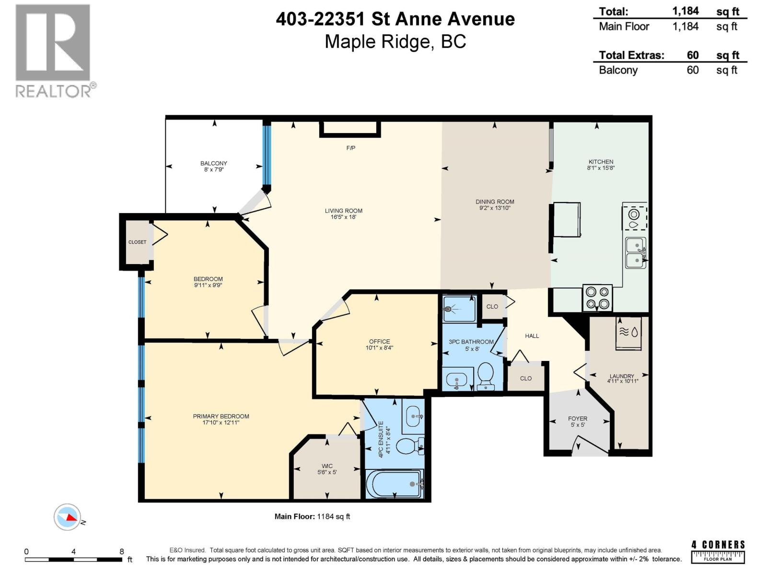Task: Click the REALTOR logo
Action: click(54, 50)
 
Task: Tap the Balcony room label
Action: click(214, 164)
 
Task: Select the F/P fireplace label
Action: click(350, 148)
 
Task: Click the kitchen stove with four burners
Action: click(598, 298)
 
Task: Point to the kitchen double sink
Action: click(636, 253)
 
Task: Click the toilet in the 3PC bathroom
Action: click(486, 375)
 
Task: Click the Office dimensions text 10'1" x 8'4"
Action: click(379, 348)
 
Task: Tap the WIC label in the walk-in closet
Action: click(327, 466)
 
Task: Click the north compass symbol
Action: click(67, 517)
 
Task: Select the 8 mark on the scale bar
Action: click(122, 552)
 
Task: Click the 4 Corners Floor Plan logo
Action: click(718, 552)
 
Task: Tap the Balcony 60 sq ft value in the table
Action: click(692, 70)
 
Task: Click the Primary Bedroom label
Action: click(221, 416)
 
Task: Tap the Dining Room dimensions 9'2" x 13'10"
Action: click(495, 208)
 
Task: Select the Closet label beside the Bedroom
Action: click(137, 242)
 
